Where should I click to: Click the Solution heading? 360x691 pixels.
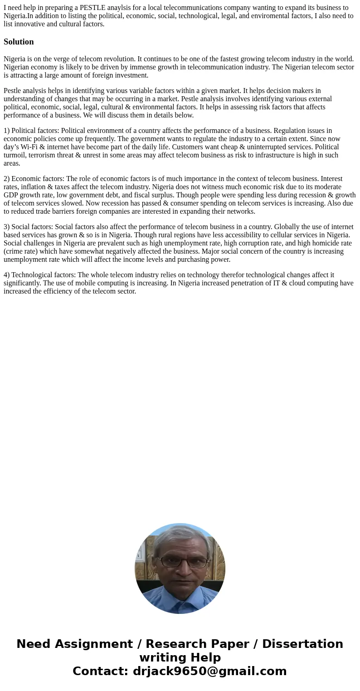pyautogui.click(x=19, y=42)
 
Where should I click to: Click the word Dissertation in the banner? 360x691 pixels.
pyautogui.click(x=302, y=644)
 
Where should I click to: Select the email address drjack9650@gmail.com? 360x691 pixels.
pyautogui.click(x=209, y=671)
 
